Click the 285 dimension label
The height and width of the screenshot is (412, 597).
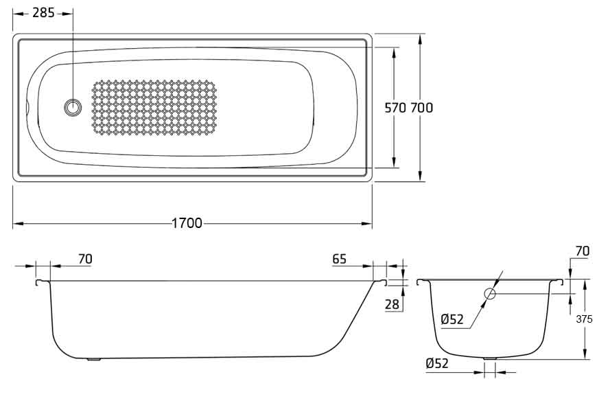pyautogui.click(x=43, y=12)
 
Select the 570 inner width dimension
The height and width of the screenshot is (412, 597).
pyautogui.click(x=395, y=108)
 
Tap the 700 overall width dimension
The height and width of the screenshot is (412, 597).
pyautogui.click(x=422, y=108)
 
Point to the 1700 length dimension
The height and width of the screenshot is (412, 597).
pyautogui.click(x=187, y=223)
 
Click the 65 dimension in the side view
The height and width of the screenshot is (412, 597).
pyautogui.click(x=339, y=259)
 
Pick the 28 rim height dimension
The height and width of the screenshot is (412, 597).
pyautogui.click(x=392, y=304)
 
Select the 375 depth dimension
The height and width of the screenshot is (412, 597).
pyautogui.click(x=584, y=319)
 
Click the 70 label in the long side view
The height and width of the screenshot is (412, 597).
pyautogui.click(x=85, y=259)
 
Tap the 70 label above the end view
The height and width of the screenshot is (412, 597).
pyautogui.click(x=583, y=251)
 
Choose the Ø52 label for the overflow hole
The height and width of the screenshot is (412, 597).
pyautogui.click(x=452, y=319)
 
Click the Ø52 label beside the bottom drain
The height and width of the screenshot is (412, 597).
pyautogui.click(x=437, y=363)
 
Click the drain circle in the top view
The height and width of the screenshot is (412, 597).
pyautogui.click(x=73, y=108)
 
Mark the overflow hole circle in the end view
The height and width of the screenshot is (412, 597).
pyautogui.click(x=490, y=293)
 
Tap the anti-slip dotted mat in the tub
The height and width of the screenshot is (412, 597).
pyautogui.click(x=154, y=108)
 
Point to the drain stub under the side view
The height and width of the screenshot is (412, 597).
pyautogui.click(x=93, y=359)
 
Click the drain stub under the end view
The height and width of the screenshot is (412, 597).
pyautogui.click(x=490, y=358)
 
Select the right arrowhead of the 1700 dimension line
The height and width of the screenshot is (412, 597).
pyautogui.click(x=367, y=223)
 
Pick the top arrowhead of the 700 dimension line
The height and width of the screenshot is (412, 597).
pyautogui.click(x=419, y=39)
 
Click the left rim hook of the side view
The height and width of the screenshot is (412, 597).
pyautogui.click(x=43, y=282)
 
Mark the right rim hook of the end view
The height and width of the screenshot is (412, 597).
pyautogui.click(x=557, y=282)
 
